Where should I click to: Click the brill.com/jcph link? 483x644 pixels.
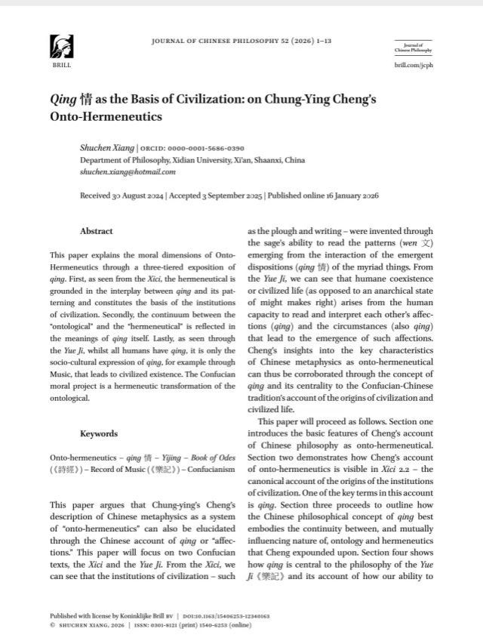pyautogui.click(x=414, y=66)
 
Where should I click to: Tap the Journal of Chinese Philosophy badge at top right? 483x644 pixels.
pyautogui.click(x=414, y=48)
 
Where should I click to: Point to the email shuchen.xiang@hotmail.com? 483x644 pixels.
pyautogui.click(x=128, y=172)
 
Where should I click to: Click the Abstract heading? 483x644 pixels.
pyautogui.click(x=97, y=231)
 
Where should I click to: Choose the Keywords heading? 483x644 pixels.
pyautogui.click(x=99, y=433)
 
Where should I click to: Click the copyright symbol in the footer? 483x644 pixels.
pyautogui.click(x=52, y=626)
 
